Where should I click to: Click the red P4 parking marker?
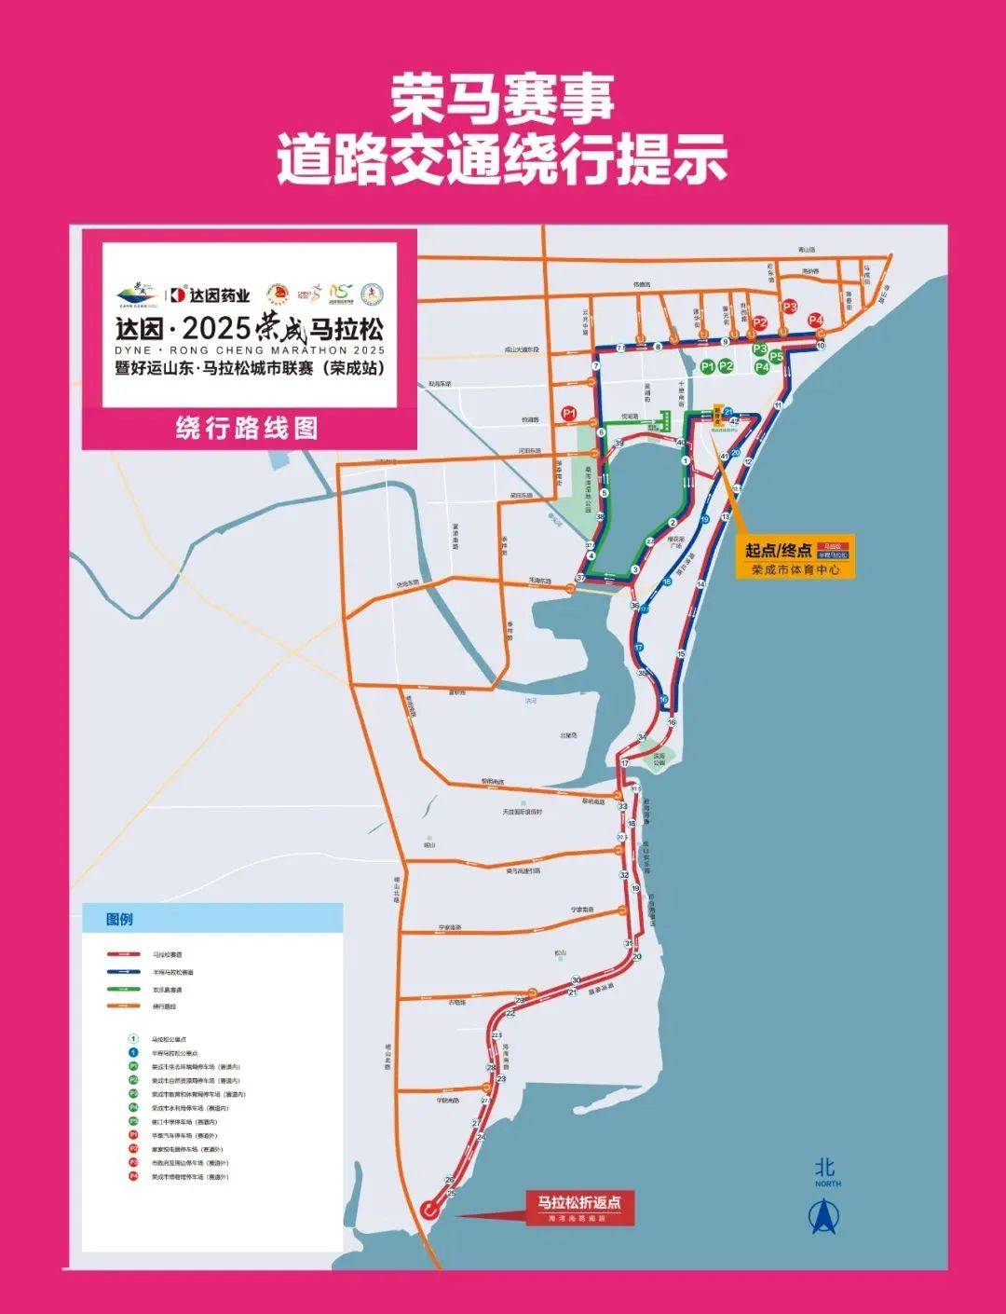point(817,320)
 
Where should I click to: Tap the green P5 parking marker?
point(776,355)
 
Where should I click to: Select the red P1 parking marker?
point(569,412)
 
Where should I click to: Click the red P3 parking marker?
point(790,306)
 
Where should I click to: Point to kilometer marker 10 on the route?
point(821,346)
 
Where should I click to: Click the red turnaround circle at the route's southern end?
point(428,1210)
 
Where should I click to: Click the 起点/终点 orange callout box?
point(795,556)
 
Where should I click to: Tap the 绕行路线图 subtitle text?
point(247,428)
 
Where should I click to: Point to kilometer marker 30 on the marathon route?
point(576,980)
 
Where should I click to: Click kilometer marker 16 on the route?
point(671,722)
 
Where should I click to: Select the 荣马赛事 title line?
point(502,98)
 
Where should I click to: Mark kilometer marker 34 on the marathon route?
point(641,737)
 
